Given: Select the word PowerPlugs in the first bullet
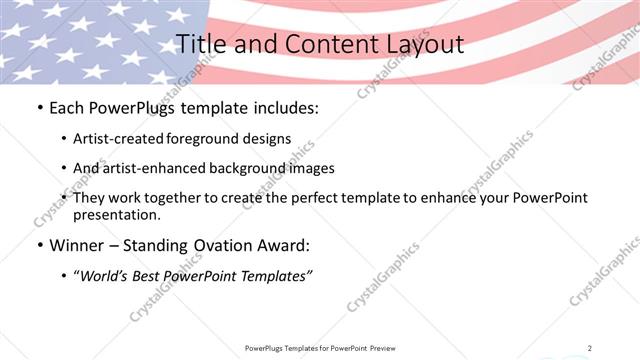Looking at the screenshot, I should (130, 107).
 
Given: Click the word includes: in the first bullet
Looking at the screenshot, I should (283, 107).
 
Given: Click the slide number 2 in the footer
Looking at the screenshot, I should (590, 348).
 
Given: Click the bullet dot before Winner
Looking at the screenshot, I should (38, 246).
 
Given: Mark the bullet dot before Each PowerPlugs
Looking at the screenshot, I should (38, 107).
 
